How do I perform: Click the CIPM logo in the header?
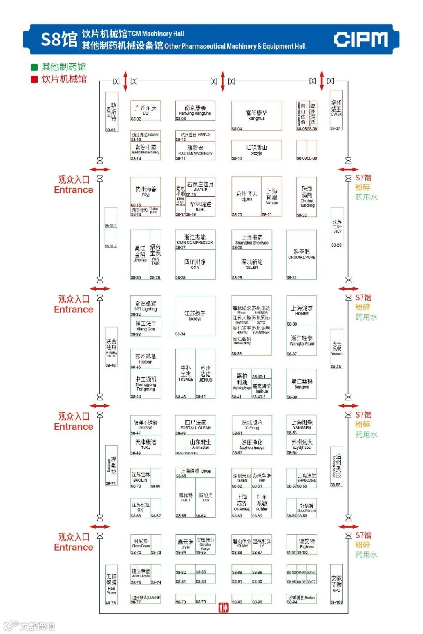(361, 40)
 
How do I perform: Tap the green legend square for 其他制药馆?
(34, 67)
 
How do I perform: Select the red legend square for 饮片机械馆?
(34, 79)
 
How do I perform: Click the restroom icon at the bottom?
(223, 608)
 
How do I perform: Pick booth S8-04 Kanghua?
(257, 116)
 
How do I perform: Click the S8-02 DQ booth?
(145, 111)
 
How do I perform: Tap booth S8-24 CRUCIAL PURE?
(302, 254)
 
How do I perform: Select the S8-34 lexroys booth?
(195, 316)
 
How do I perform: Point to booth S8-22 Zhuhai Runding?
(307, 197)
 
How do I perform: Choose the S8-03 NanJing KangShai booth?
(195, 111)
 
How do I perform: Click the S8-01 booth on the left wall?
(112, 112)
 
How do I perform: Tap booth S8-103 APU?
(336, 584)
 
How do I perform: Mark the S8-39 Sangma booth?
(302, 384)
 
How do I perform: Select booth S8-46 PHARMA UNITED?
(112, 347)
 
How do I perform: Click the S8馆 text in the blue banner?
(59, 40)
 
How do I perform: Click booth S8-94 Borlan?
(302, 599)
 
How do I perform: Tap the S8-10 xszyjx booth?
(257, 150)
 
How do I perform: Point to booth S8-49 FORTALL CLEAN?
(195, 425)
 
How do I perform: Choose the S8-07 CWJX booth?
(336, 110)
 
